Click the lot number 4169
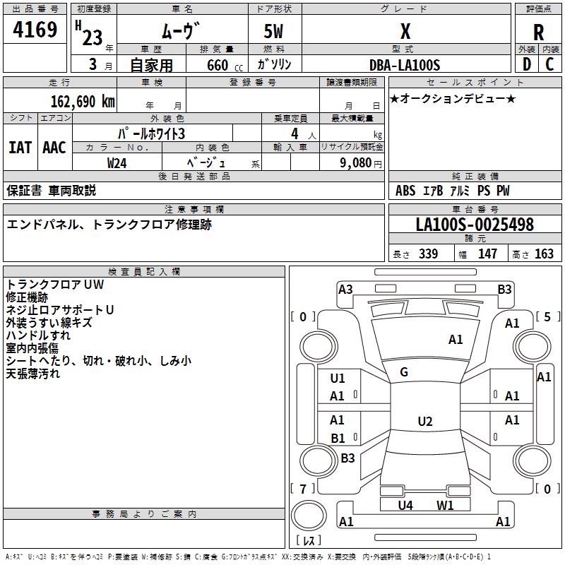(x=35, y=31)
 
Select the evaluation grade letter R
(x=538, y=32)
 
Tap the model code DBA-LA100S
(x=405, y=65)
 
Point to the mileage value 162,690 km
(x=83, y=101)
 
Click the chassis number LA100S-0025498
(x=475, y=225)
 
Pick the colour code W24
(x=117, y=162)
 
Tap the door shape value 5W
(x=274, y=32)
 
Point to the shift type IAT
(x=20, y=148)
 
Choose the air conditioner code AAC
(x=54, y=148)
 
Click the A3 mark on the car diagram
(x=345, y=289)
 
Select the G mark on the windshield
(x=404, y=372)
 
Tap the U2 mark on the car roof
(x=424, y=422)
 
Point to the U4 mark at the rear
(x=405, y=505)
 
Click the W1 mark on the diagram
(x=445, y=505)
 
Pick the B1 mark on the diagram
(x=338, y=439)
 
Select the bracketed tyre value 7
(x=303, y=489)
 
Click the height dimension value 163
(x=545, y=254)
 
